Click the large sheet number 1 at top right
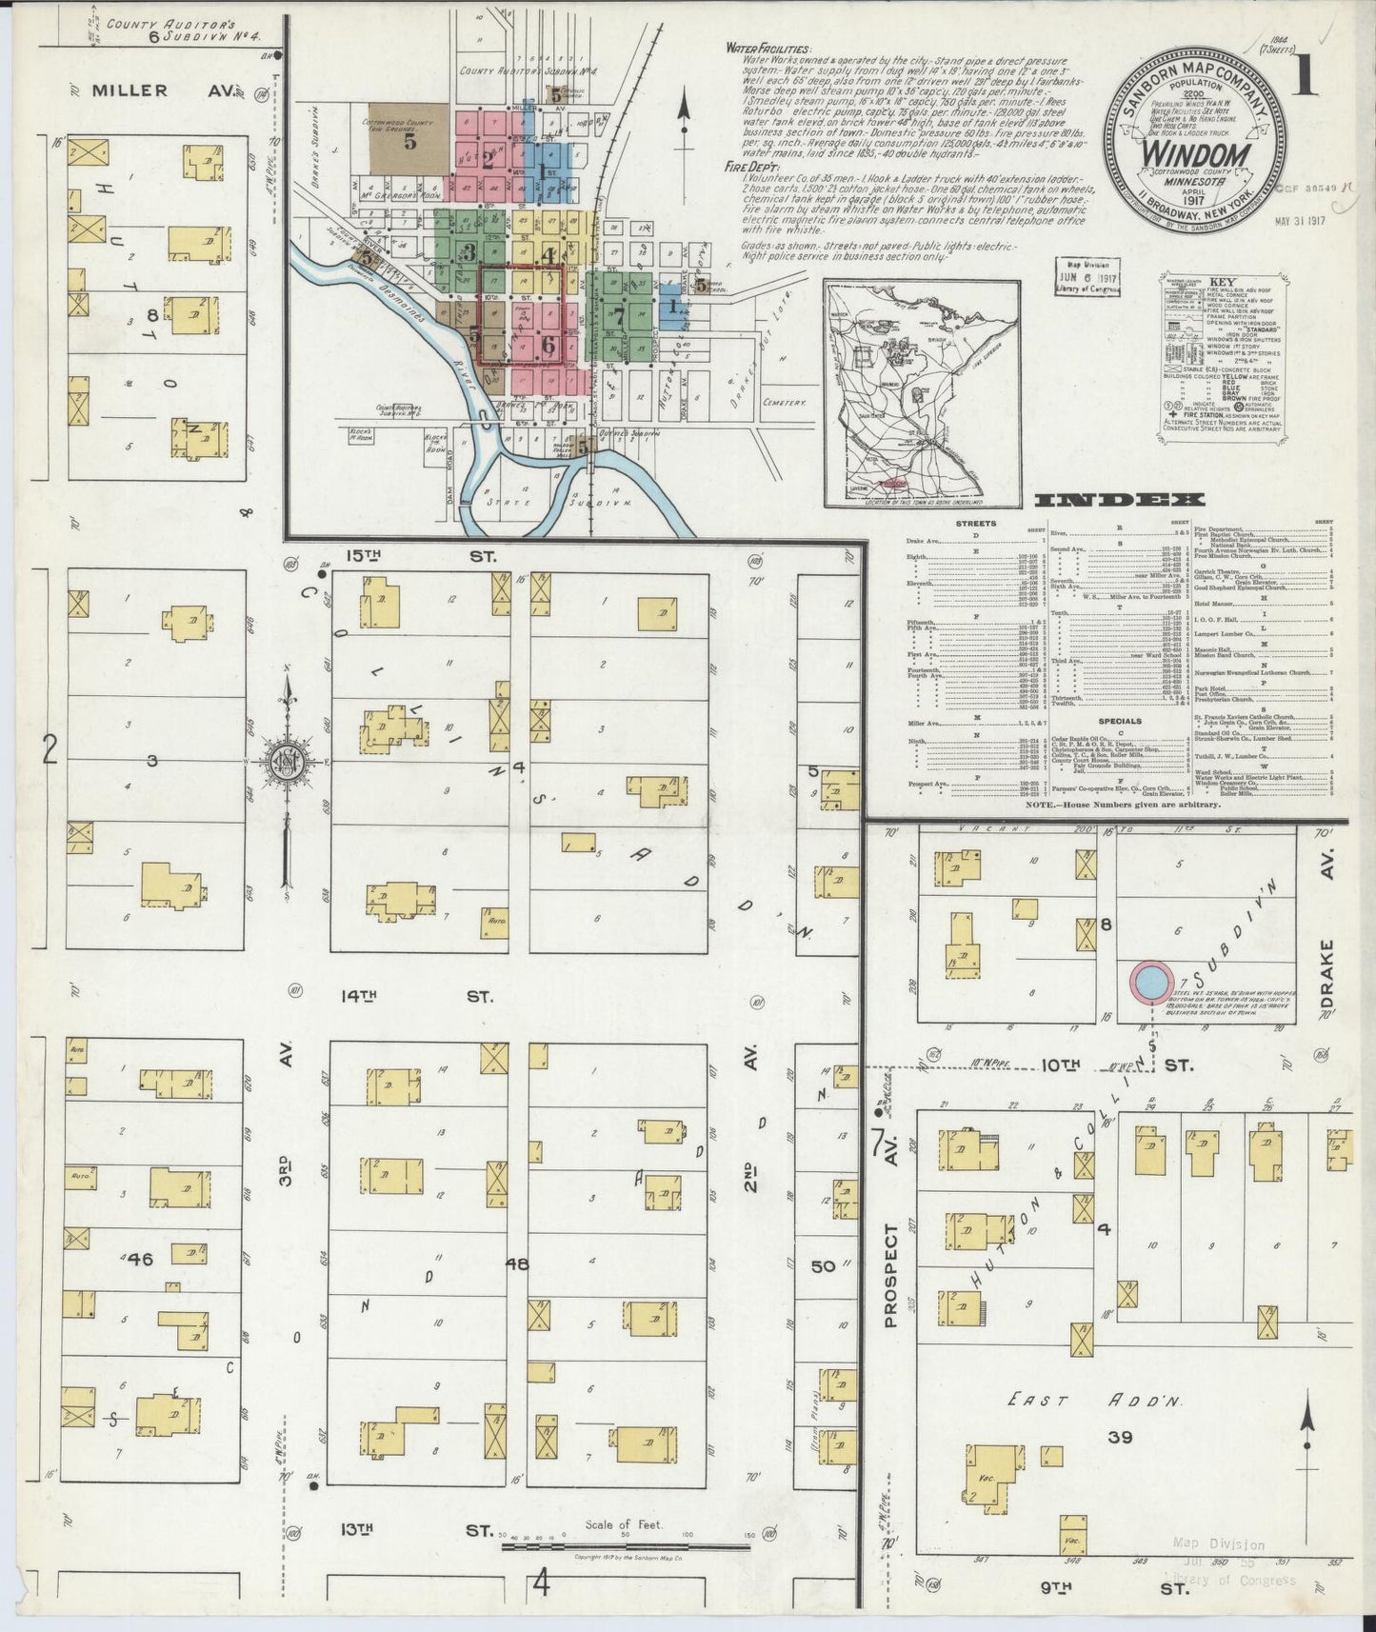click(x=1306, y=76)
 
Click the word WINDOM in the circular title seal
click(x=1195, y=155)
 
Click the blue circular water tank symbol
click(x=1149, y=983)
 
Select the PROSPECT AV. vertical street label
click(x=891, y=1247)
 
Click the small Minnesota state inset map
click(x=921, y=391)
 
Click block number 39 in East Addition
click(x=1120, y=1437)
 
